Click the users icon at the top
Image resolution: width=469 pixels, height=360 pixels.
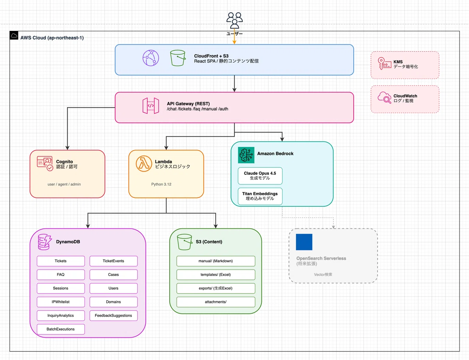[x=234, y=19]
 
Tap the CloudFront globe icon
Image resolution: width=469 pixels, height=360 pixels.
[x=151, y=59]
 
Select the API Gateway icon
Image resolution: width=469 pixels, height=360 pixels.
[x=150, y=106]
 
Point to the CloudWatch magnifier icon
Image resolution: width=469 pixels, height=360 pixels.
[x=385, y=98]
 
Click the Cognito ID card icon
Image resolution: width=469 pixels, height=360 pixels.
[x=45, y=164]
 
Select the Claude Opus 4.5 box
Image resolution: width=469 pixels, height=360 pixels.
[x=260, y=176]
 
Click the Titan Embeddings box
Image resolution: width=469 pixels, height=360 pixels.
[x=260, y=196]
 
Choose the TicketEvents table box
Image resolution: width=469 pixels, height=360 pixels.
[x=113, y=261]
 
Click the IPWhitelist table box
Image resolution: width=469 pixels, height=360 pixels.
[x=61, y=302]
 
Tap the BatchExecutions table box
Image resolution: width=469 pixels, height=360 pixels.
[x=61, y=329]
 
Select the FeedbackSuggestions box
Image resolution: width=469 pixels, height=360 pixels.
[x=113, y=315]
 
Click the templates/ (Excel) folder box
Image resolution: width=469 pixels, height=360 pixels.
[x=216, y=274]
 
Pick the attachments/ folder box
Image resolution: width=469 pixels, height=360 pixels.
[x=216, y=302]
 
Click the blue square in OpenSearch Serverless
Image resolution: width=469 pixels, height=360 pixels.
[x=304, y=242]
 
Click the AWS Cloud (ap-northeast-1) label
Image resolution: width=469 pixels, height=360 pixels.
[x=52, y=38]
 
